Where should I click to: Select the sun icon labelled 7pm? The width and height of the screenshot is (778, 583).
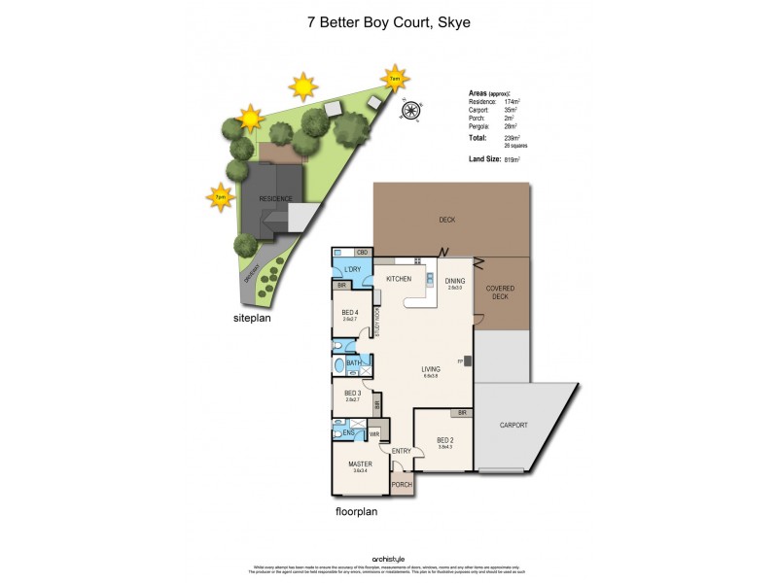tap(220, 197)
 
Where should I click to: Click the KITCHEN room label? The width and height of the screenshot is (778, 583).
tap(400, 280)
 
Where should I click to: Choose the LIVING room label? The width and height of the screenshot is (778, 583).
tap(432, 369)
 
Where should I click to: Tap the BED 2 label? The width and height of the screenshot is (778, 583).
tap(445, 439)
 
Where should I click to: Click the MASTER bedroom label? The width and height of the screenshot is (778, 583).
tap(360, 464)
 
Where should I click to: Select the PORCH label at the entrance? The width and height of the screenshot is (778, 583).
tap(402, 485)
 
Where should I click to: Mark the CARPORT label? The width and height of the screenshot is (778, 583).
tap(513, 426)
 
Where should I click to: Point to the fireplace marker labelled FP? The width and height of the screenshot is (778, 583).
tap(460, 360)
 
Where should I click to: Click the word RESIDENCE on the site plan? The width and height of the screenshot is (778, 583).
tap(275, 198)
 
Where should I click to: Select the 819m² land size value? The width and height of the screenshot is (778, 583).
tap(513, 159)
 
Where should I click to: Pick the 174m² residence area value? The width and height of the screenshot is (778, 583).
tap(512, 101)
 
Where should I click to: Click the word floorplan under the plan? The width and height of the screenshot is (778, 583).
tap(356, 511)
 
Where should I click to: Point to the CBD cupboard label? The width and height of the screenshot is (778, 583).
tap(361, 253)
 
